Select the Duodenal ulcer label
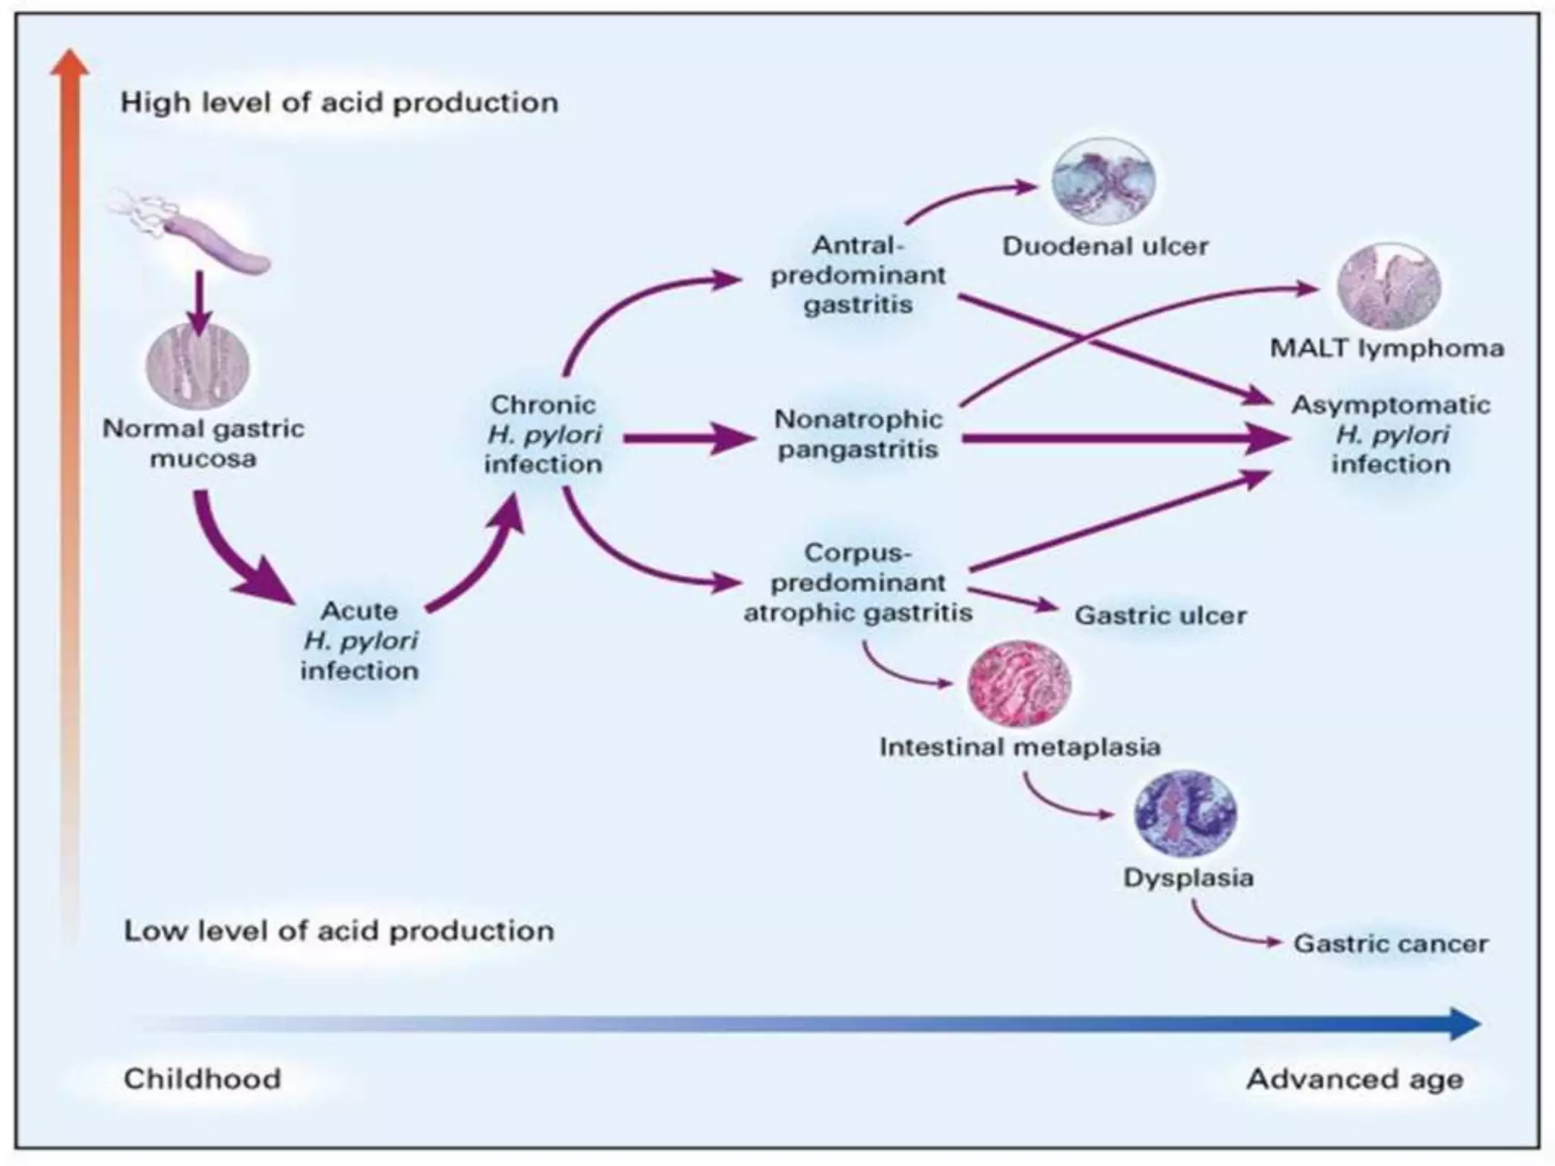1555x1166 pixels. (x=1105, y=247)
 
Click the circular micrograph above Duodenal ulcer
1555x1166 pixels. (x=1103, y=182)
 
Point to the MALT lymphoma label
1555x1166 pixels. (x=1386, y=348)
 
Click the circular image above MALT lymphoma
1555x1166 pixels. (x=1388, y=286)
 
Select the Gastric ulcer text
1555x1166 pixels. (x=1160, y=615)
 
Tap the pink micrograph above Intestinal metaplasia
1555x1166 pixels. (x=1020, y=684)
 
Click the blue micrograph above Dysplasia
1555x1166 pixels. (x=1185, y=814)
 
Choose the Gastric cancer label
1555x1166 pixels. (x=1390, y=944)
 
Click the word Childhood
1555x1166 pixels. (x=203, y=1079)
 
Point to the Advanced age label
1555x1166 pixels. (x=1355, y=1079)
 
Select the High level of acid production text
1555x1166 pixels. (x=339, y=102)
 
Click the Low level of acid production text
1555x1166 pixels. (x=339, y=931)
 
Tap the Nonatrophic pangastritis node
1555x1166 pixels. (x=858, y=434)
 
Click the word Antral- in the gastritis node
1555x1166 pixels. (x=858, y=245)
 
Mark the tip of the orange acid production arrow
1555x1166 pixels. (x=69, y=57)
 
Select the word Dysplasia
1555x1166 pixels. (x=1188, y=878)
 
